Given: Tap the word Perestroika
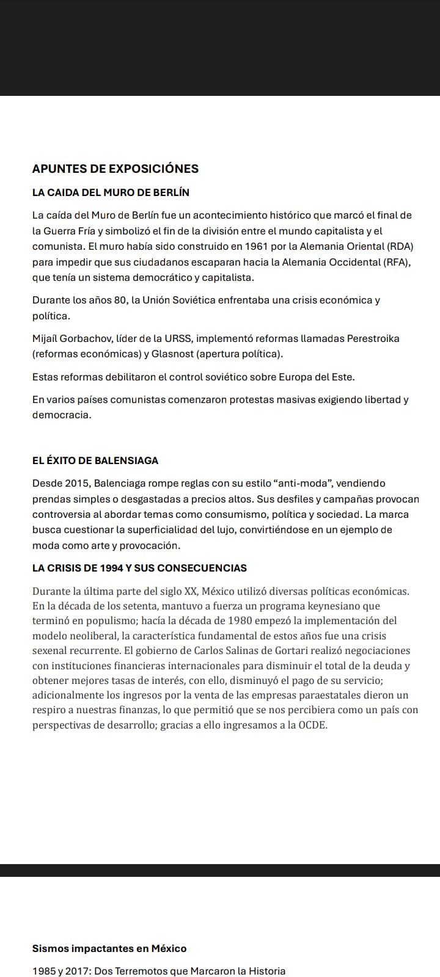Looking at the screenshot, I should [373, 338].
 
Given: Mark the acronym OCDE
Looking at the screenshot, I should [312, 725].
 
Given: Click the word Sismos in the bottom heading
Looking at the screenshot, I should [50, 948].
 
